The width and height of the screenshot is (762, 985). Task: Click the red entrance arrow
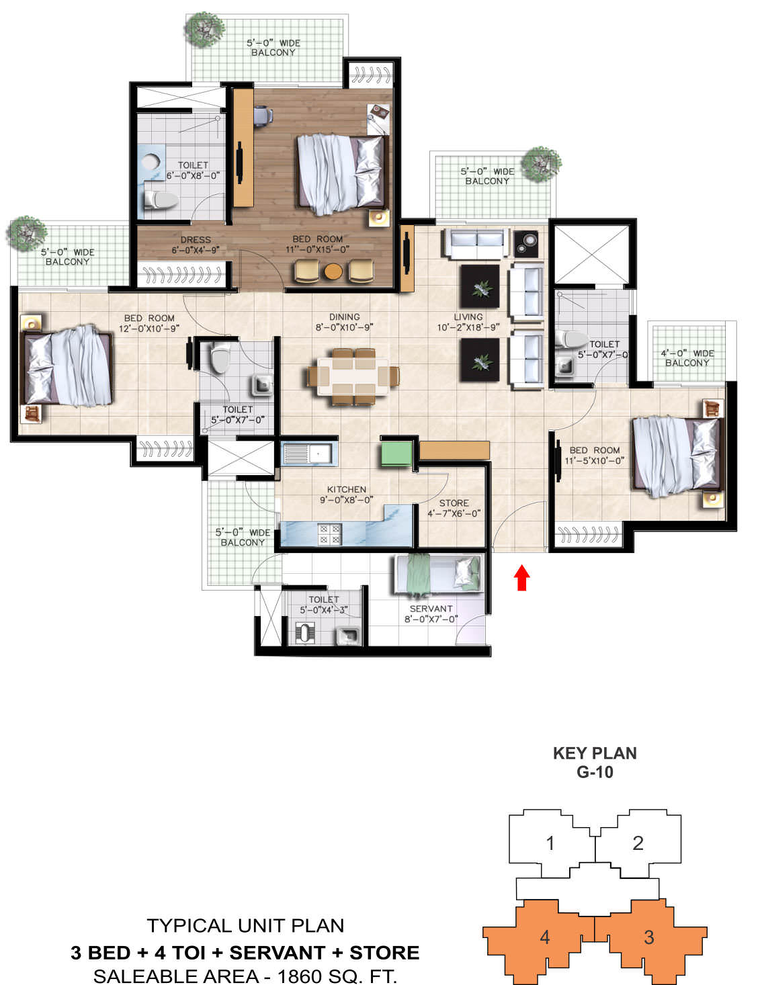pos(521,577)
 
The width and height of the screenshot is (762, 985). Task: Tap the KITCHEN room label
pos(346,490)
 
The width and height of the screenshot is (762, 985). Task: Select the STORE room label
pos(454,503)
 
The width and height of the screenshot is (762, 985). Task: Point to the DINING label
pos(345,317)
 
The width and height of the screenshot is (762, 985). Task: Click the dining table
pos(353,376)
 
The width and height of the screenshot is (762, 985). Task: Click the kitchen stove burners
pos(329,534)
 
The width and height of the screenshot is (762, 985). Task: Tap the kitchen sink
pos(309,454)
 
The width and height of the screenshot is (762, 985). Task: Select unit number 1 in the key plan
pos(550,843)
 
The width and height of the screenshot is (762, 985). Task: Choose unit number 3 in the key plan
pos(648,937)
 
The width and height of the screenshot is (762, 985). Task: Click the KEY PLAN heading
pos(595,753)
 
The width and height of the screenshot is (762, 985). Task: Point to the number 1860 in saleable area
pos(297,976)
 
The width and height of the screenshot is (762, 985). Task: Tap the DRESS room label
pos(196,240)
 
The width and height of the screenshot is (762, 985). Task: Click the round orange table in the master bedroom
pos(333,271)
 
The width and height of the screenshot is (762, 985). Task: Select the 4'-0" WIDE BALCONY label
pos(687,358)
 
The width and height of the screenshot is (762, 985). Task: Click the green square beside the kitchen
pos(396,454)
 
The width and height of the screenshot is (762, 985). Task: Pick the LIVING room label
pos(468,317)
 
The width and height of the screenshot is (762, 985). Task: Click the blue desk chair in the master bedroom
pos(263,116)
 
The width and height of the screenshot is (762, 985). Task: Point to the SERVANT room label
pos(431,609)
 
